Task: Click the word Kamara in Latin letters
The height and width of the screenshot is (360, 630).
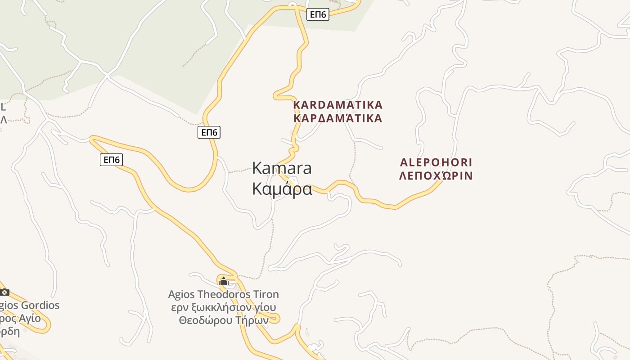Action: coord(282,168)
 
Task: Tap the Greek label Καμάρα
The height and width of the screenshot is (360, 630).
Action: coord(282,189)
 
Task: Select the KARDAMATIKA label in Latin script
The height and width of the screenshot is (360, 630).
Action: coord(337,105)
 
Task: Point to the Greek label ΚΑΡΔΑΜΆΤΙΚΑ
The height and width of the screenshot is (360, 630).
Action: coord(337,118)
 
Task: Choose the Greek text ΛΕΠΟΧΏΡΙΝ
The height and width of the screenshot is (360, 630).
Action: coord(436,175)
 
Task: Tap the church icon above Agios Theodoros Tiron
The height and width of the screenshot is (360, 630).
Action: coord(224,282)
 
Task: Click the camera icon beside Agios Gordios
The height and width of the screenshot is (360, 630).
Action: coord(4,292)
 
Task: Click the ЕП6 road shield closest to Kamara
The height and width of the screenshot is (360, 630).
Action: coord(209,132)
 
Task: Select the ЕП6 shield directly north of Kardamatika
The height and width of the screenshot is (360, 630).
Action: coord(318,14)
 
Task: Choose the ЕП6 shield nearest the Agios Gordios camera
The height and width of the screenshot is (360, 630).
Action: coord(111,160)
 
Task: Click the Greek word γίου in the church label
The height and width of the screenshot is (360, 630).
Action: coord(265,307)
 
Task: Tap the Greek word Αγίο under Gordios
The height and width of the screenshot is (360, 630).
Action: coord(29,319)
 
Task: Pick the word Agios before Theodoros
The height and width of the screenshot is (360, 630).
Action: coord(181,294)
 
